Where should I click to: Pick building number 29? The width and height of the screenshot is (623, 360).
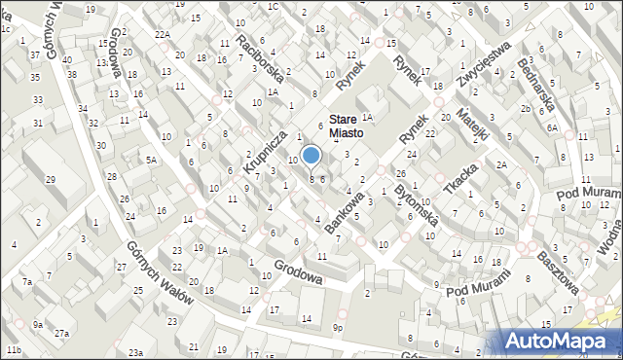tap(51, 180)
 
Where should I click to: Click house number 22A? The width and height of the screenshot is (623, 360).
tap(162, 34)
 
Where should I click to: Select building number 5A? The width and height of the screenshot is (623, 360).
tap(151, 159)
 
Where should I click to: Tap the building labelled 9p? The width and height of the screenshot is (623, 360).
tap(338, 327)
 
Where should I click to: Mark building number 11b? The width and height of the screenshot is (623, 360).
tap(13, 349)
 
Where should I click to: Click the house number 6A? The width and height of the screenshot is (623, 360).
tap(551, 127)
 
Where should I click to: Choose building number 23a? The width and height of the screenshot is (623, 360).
tap(136, 352)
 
